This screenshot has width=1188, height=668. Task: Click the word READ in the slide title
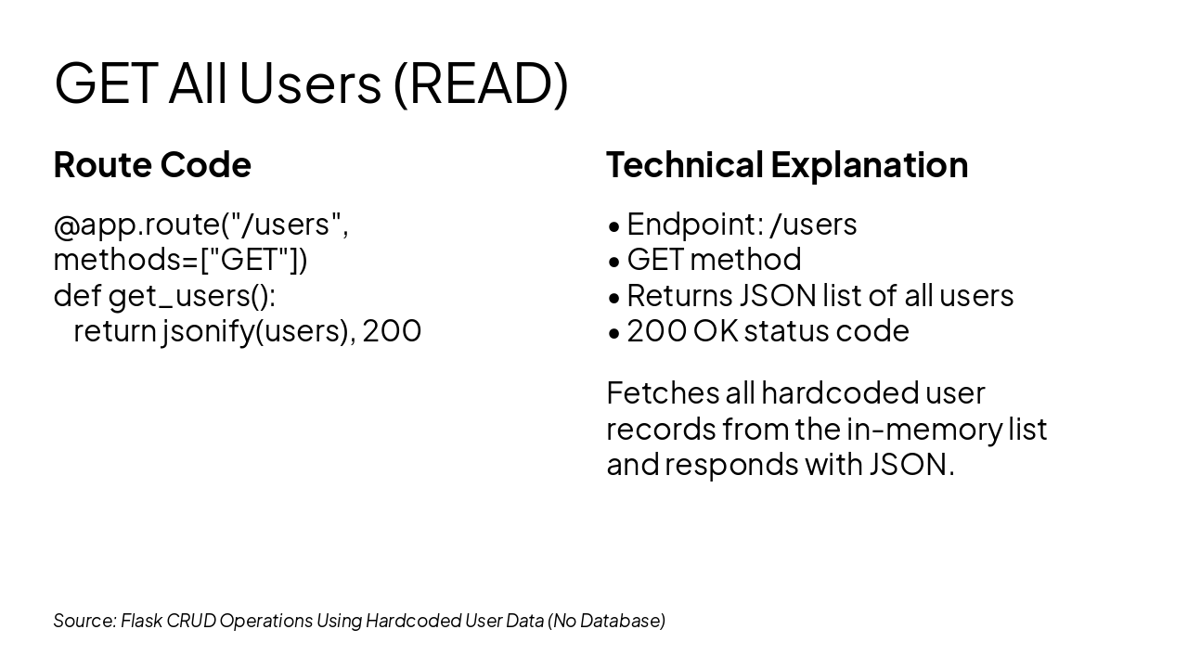482,83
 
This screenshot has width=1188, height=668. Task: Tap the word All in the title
198,83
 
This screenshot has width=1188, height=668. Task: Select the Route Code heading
152,164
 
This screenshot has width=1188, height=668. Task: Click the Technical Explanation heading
787,164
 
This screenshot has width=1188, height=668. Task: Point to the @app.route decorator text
136,225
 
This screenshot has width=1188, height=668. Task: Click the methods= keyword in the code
125,260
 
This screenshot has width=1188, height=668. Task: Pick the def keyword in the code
77,295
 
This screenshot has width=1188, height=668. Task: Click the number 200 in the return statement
392,331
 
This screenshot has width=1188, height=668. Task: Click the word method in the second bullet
745,260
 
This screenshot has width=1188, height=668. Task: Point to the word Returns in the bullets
679,296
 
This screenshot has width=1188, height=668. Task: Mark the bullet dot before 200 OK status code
614,333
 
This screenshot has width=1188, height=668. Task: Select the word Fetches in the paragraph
663,393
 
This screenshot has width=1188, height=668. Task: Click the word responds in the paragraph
731,466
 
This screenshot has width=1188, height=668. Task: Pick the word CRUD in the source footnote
191,621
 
